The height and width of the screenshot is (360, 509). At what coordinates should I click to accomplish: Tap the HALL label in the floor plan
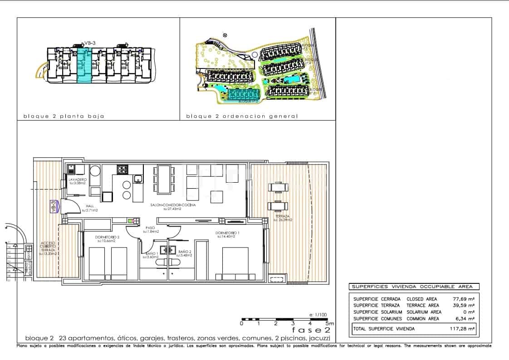point(90,209)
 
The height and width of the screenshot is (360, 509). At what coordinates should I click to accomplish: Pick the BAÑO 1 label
point(151,254)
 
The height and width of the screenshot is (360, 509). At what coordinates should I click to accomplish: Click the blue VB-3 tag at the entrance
point(54,207)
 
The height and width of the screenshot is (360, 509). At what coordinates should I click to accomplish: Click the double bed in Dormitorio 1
point(235,263)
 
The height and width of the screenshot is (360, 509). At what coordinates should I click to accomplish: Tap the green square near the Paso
point(131,221)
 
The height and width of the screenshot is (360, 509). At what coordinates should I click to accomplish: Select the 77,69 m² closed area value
point(465,299)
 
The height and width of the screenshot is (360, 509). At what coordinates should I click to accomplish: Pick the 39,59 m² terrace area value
point(465,306)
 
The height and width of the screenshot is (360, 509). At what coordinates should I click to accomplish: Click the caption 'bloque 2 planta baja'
point(64,117)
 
